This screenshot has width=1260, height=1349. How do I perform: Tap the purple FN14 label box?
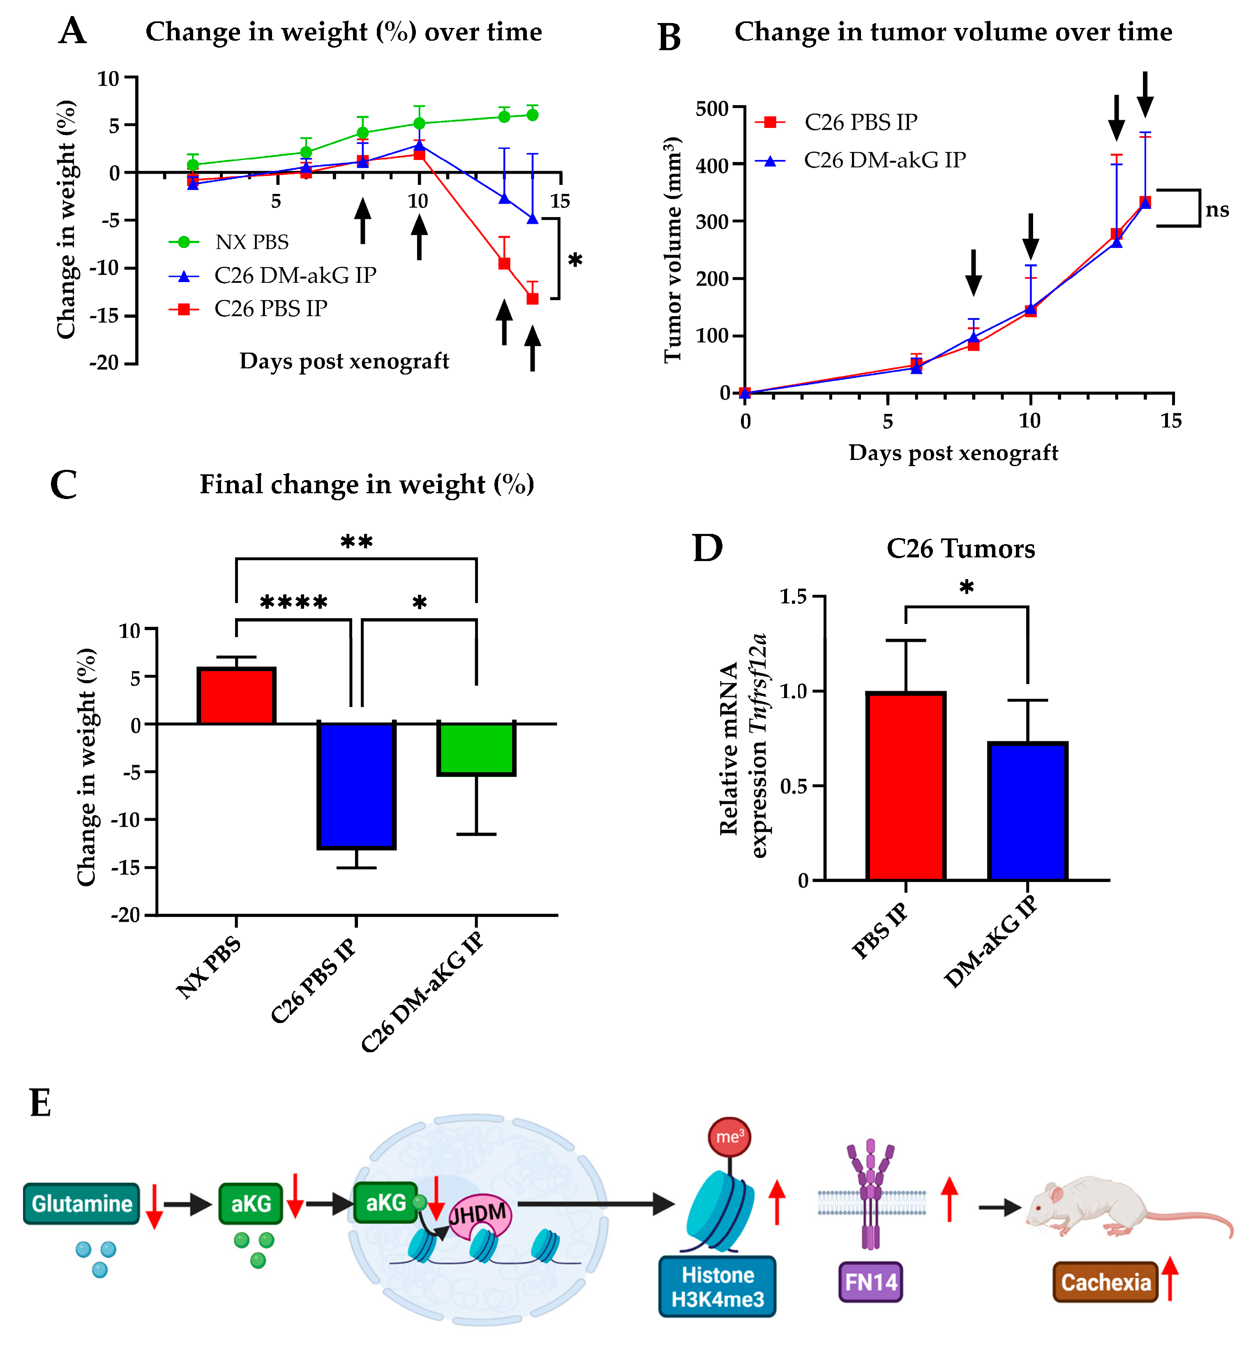[x=870, y=1282]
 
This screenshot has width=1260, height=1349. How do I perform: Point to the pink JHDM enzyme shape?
[x=480, y=1215]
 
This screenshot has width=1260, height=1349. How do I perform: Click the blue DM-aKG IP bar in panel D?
[x=1027, y=811]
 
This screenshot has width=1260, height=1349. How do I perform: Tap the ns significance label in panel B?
[x=1217, y=210]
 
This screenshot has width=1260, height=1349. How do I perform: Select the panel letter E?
[x=41, y=1103]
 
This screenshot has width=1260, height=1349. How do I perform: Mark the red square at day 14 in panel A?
[x=533, y=298]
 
